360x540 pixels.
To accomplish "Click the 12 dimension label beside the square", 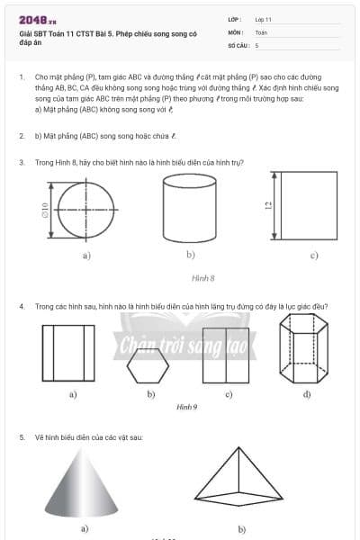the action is (x=268, y=206).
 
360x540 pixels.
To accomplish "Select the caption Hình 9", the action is (x=187, y=407).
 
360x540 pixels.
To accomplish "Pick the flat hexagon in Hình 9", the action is (x=147, y=365).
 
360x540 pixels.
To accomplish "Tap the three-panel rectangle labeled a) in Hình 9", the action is (x=67, y=355).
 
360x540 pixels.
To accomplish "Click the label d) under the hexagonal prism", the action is (x=307, y=394).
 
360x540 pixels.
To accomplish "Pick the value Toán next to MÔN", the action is (x=261, y=31).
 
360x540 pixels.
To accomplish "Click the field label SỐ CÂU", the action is (x=238, y=44).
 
